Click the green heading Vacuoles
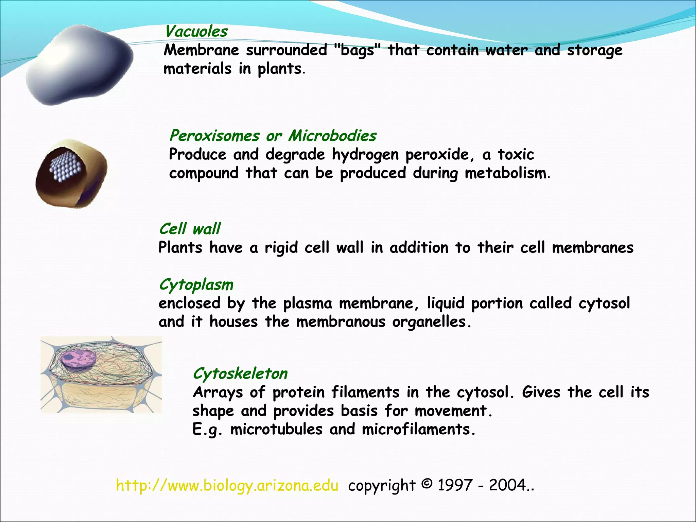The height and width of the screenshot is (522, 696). pos(196,32)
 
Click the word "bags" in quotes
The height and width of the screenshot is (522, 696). pos(356,51)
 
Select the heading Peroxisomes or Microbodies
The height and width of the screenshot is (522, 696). pos(273,136)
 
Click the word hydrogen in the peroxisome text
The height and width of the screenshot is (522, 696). pos(365,155)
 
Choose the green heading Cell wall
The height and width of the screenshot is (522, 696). pos(190,229)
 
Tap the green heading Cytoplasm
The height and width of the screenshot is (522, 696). pos(196,285)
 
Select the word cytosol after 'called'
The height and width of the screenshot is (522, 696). pos(604,303)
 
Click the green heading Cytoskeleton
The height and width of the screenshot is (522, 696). pos(240,373)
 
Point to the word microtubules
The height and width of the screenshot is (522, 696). pos(276,429)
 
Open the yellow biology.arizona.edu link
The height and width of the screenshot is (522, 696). pos(227,485)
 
